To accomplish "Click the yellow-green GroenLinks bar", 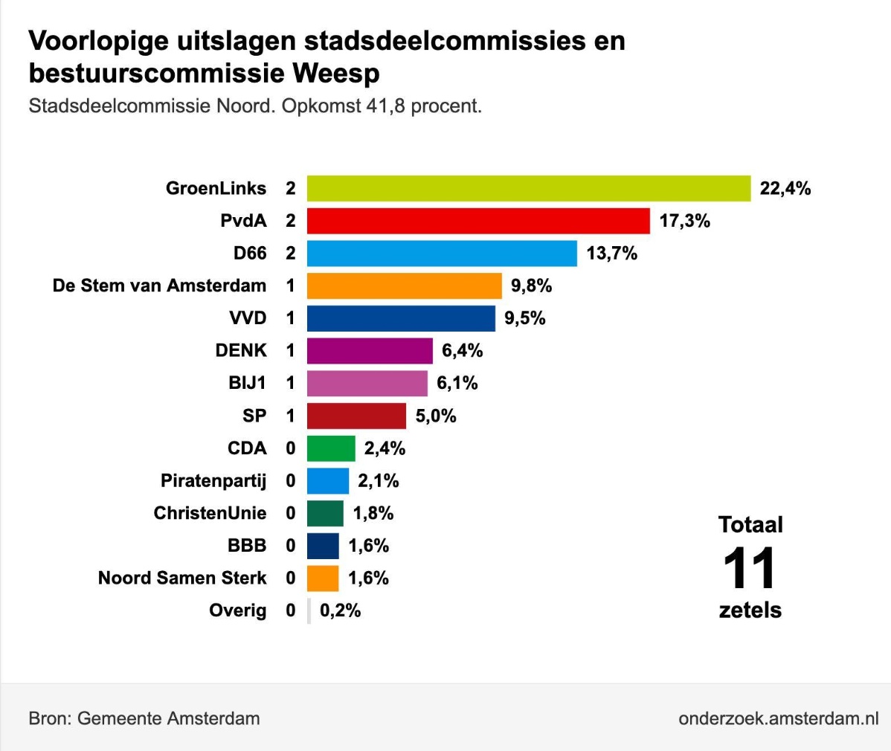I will click(528, 188).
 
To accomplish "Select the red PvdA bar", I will click(478, 221).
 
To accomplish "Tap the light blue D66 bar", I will click(442, 254).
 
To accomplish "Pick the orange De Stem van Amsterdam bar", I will click(404, 286).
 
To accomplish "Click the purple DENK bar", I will click(370, 350).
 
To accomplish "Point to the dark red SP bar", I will click(356, 416).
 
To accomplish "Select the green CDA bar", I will click(331, 448).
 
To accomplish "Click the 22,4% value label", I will click(785, 189).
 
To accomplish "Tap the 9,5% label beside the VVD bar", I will click(525, 318).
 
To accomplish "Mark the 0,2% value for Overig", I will click(341, 610).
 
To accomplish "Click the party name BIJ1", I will click(247, 383).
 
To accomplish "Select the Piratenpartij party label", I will click(213, 481).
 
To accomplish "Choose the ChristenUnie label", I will click(210, 513).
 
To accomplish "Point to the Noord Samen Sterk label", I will click(182, 578).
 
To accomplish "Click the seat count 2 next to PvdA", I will click(291, 221).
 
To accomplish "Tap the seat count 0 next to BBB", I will click(291, 546).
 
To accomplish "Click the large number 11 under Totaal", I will click(750, 569).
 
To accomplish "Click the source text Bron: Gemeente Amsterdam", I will click(144, 718).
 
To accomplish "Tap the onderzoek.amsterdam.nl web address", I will click(778, 718).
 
